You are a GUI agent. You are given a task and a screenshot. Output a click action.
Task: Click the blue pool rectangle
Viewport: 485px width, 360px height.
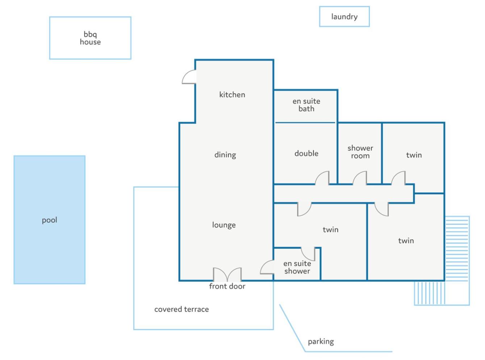pyautogui.click(x=49, y=219)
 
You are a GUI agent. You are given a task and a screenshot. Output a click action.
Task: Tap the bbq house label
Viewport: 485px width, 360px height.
pyautogui.click(x=90, y=38)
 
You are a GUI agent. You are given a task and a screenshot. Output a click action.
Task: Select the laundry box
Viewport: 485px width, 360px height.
pyautogui.click(x=344, y=16)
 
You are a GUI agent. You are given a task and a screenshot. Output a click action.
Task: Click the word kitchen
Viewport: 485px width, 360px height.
pyautogui.click(x=232, y=95)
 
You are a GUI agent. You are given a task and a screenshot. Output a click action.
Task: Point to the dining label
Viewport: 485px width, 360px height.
pyautogui.click(x=225, y=155)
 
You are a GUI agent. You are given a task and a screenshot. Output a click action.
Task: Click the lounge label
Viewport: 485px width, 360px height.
pyautogui.click(x=224, y=225)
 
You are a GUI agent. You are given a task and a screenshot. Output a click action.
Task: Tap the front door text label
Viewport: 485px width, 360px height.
pyautogui.click(x=227, y=286)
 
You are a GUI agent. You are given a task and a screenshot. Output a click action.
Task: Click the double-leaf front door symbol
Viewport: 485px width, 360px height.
pyautogui.click(x=227, y=274)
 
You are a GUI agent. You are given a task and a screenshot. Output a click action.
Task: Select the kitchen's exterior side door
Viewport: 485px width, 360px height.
pyautogui.click(x=189, y=76)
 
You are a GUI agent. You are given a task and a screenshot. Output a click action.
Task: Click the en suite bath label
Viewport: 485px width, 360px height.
pyautogui.click(x=306, y=105)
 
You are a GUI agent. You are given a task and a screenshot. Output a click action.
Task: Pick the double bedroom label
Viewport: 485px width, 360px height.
pyautogui.click(x=306, y=153)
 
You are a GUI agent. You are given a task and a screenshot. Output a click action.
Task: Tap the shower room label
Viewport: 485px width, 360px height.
pyautogui.click(x=360, y=152)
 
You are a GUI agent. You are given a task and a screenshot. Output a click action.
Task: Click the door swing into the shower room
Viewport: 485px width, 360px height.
pyautogui.click(x=360, y=178)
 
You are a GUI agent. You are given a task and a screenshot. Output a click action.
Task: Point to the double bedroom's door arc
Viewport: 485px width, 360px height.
pyautogui.click(x=322, y=178)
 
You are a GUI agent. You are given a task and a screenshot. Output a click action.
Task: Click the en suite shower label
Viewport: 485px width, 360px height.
pyautogui.click(x=297, y=267)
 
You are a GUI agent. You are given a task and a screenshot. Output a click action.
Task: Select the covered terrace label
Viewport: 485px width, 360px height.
pyautogui.click(x=181, y=309)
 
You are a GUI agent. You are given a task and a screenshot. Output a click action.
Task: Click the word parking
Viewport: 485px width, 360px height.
pyautogui.click(x=321, y=342)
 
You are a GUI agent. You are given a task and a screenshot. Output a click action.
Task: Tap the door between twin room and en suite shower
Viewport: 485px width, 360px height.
pyautogui.click(x=308, y=254)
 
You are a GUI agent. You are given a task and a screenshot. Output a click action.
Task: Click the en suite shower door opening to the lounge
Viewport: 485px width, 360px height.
pyautogui.click(x=267, y=267)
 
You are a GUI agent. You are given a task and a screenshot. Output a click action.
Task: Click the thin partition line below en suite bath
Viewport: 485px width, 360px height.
pyautogui.click(x=305, y=123)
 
